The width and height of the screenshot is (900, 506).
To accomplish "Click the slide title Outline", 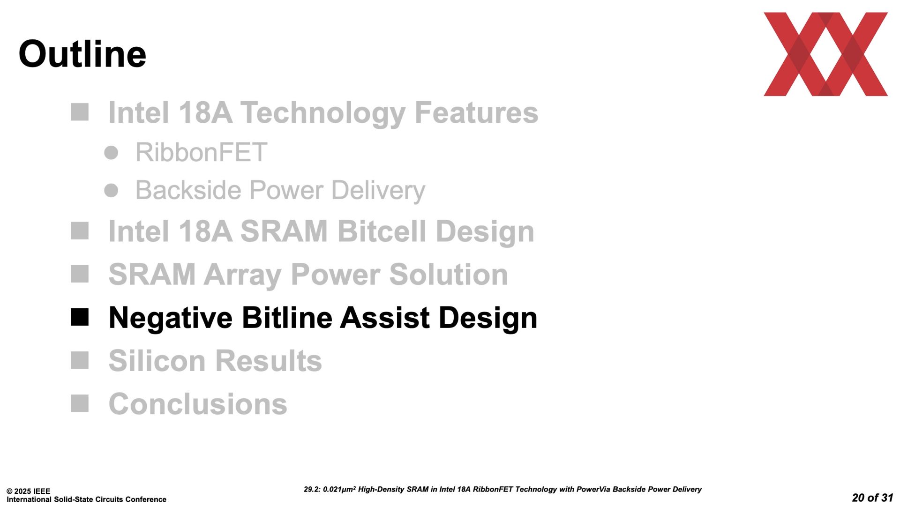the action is (x=82, y=54).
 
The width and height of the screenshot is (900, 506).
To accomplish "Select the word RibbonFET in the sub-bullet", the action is (x=201, y=152).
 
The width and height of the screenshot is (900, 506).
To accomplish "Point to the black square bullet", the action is (x=80, y=317).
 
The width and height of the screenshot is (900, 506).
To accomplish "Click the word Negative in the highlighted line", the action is (x=170, y=318).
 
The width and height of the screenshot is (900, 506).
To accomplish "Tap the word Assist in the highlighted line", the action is (x=385, y=318).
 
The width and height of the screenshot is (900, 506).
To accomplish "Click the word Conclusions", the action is (x=198, y=404).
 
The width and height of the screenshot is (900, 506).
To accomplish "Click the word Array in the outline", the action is (x=242, y=275).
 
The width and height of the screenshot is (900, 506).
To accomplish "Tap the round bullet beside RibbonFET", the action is (x=111, y=153).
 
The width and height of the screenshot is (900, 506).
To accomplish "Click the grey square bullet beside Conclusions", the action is (x=80, y=403).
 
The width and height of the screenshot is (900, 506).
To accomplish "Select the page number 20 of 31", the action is (x=873, y=498).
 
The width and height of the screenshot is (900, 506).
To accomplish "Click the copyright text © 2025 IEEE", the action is (x=28, y=491).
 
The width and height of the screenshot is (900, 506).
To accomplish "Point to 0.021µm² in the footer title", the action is (x=339, y=489).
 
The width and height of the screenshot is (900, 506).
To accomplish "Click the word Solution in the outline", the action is (x=449, y=275).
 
